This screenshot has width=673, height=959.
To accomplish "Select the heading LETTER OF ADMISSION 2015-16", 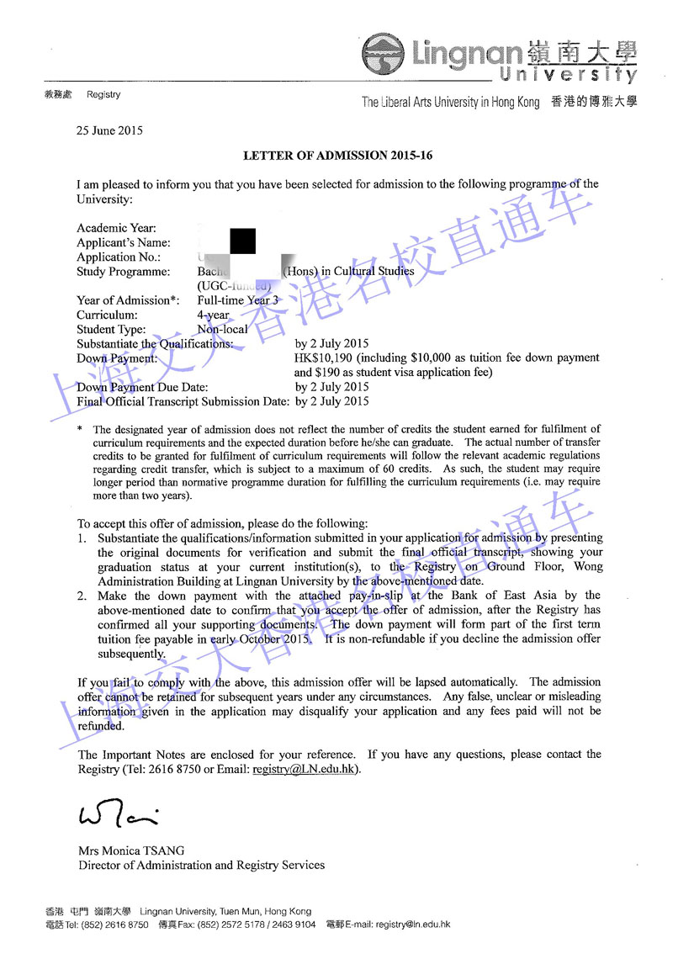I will [337, 156].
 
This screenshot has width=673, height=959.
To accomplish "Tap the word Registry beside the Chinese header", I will [103, 95].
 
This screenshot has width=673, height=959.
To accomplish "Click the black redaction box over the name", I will [242, 242].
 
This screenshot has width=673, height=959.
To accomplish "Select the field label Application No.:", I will [119, 257].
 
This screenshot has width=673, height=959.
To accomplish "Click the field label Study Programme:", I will [123, 272].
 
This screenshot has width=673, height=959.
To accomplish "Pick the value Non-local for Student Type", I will [222, 330].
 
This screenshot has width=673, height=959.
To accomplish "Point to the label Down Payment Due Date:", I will [141, 388].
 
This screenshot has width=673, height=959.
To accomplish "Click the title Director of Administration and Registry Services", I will [201, 865].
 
